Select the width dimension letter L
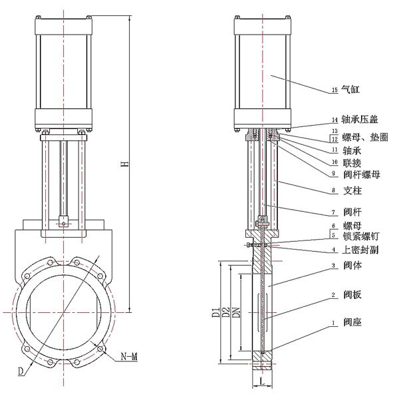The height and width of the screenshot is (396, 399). coord(263,384)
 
